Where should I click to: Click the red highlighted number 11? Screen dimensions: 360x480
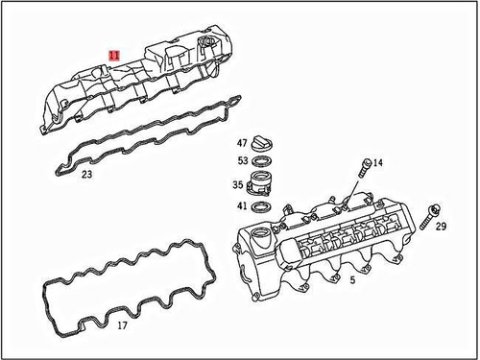coord(115,56)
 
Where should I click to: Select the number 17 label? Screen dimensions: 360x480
coord(121,325)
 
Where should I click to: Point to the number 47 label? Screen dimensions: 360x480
coord(243,143)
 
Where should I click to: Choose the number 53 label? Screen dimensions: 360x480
coord(243,160)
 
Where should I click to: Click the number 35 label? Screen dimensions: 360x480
coord(237,185)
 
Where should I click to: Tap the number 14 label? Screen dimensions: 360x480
coord(377,164)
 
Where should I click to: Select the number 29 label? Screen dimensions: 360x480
coord(441,227)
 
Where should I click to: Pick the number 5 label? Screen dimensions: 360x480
coord(352,279)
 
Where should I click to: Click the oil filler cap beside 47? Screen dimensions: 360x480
coord(268,144)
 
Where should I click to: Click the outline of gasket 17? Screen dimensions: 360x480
coord(46,288)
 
